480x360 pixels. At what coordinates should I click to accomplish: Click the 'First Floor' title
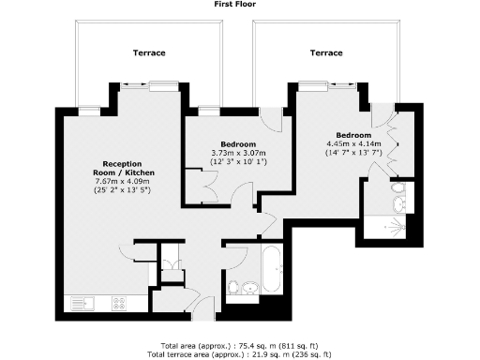point(240,5)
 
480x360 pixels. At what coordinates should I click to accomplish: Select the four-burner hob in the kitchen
point(120,302)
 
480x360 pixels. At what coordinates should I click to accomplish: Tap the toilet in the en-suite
point(397,201)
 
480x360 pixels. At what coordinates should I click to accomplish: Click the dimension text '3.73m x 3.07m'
point(239,153)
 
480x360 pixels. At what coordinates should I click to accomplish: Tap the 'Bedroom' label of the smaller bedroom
point(239,144)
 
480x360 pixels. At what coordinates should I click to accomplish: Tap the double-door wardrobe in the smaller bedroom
point(203,183)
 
